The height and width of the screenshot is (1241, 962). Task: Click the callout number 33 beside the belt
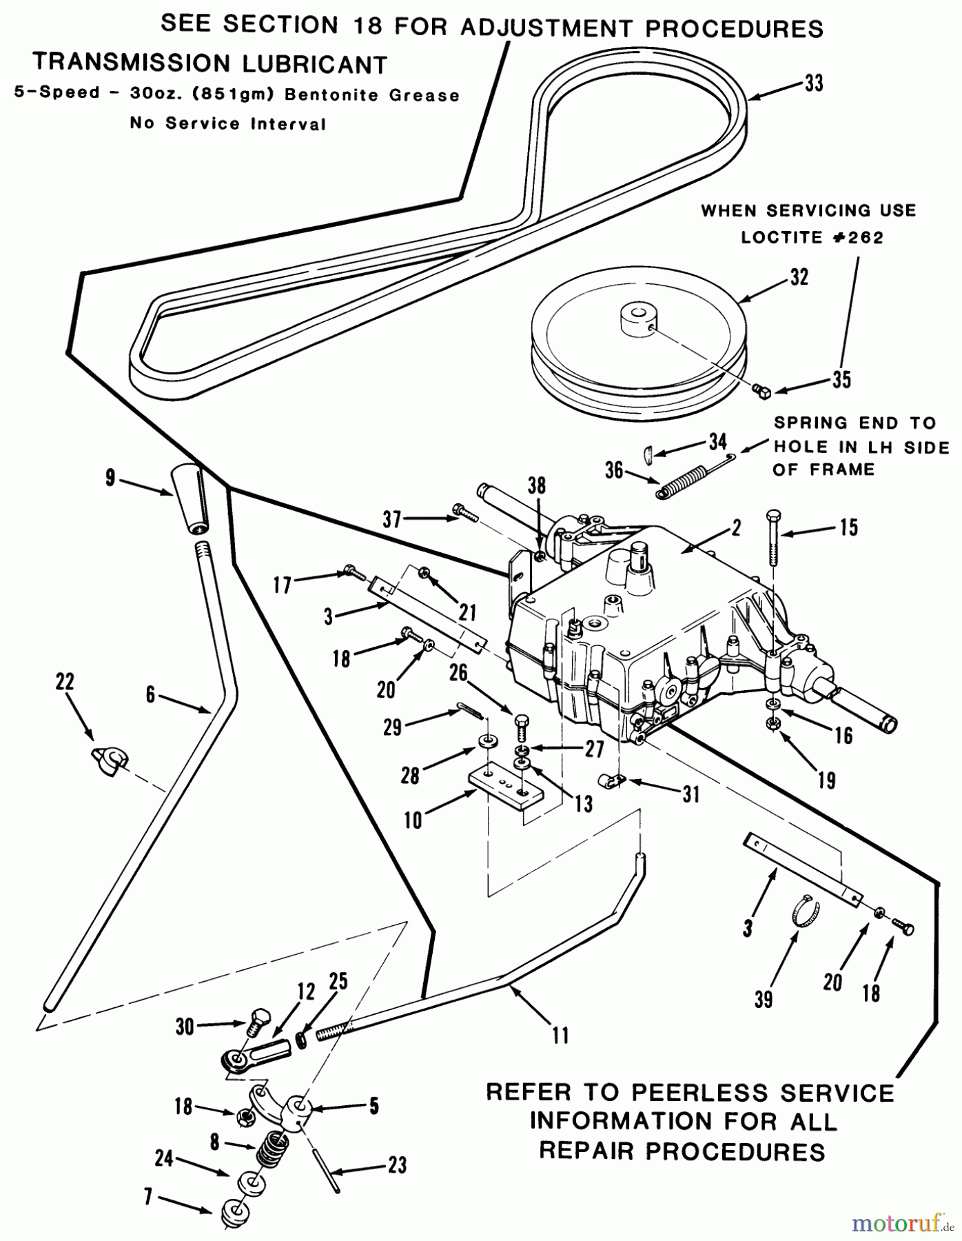814,83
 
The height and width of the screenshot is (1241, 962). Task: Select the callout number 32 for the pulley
799,277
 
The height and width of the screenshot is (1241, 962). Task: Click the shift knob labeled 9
189,499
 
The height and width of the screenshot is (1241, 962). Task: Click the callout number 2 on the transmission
736,527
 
